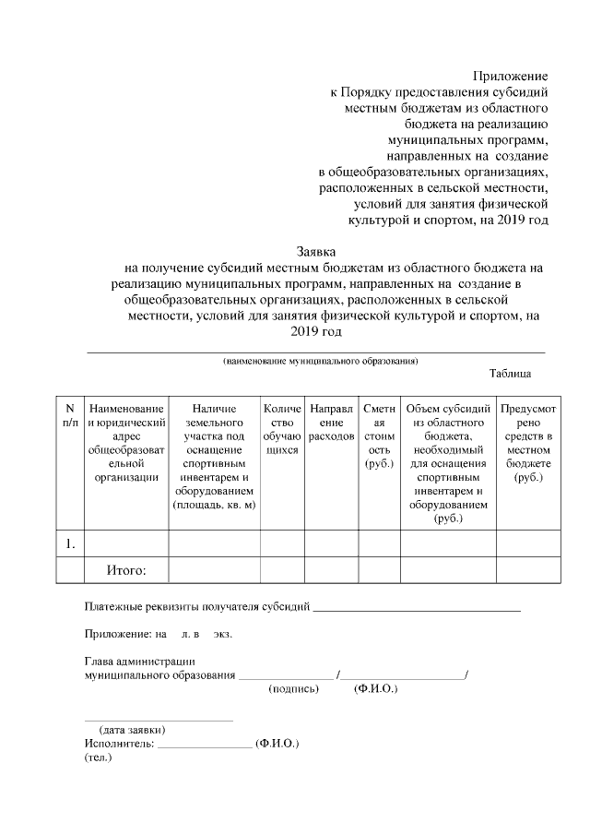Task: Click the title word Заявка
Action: pos(316,250)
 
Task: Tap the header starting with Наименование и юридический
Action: pos(126,442)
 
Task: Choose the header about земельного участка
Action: pos(214,456)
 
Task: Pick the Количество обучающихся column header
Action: pos(282,429)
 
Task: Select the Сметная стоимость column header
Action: pos(379,435)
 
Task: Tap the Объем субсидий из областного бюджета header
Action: pos(448,463)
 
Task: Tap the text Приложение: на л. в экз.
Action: pos(158,635)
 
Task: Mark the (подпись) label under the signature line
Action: pos(293,688)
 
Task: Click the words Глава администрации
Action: pos(139,662)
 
